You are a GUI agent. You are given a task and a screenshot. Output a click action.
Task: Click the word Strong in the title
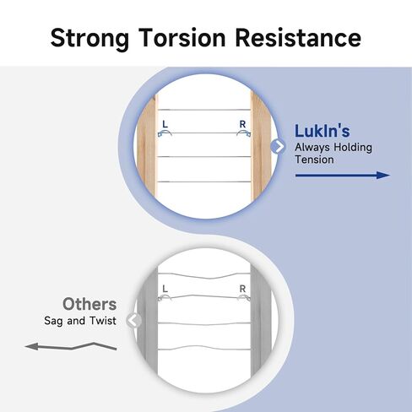[89, 39]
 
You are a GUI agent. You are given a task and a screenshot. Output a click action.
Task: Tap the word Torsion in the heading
[182, 37]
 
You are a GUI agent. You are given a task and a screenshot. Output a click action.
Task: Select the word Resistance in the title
[298, 37]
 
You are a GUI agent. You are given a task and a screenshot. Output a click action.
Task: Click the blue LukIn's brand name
[323, 131]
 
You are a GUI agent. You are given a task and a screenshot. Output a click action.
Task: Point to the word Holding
[353, 148]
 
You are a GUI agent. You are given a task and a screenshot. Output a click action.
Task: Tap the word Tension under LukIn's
[314, 160]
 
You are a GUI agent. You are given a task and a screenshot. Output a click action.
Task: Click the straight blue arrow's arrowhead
[383, 175]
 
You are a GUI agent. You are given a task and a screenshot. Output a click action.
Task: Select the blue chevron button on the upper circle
[278, 146]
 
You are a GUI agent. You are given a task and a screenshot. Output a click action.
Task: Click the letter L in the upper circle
[165, 124]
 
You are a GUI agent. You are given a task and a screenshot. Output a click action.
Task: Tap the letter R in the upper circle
[242, 124]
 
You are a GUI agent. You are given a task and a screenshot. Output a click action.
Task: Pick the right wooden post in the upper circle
[260, 147]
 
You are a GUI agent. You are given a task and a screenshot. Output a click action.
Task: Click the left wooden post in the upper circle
[148, 146]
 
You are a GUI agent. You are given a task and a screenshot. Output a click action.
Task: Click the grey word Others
[89, 304]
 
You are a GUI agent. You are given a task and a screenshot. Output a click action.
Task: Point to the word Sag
[53, 321]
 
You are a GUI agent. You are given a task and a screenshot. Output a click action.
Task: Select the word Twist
[103, 321]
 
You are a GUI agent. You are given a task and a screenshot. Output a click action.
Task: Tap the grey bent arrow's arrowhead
[31, 346]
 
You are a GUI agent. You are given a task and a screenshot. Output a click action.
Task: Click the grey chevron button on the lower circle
[134, 320]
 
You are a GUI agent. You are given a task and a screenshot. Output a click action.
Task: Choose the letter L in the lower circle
[165, 289]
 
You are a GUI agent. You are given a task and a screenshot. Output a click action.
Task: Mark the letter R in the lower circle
[242, 289]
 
